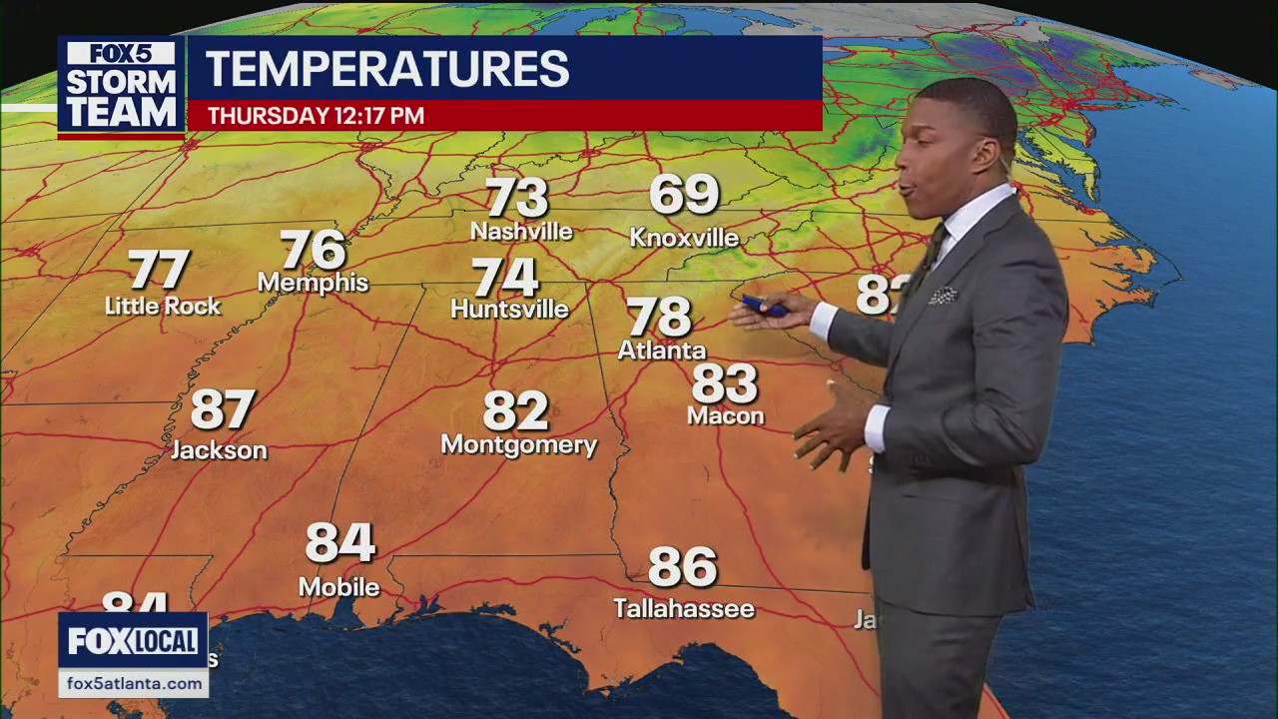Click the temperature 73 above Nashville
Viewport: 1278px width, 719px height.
[516, 198]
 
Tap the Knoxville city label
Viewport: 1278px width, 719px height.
[684, 238]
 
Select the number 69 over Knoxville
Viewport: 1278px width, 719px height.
[684, 194]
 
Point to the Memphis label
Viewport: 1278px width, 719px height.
[313, 283]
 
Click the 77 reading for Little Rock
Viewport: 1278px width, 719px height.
[159, 270]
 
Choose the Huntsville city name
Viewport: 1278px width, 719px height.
[509, 309]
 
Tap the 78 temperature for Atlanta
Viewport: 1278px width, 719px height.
[659, 317]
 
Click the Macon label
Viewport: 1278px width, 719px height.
[725, 415]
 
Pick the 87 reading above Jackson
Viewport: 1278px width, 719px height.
[223, 409]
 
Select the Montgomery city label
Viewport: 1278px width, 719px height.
[518, 444]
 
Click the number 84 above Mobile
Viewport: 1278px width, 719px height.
[339, 542]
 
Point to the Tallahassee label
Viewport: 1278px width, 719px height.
[684, 608]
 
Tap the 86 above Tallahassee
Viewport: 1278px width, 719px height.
[683, 567]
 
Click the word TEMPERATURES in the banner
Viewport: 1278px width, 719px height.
[387, 69]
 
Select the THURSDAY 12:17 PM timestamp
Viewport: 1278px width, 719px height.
[316, 116]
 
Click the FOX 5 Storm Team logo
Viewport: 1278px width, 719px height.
[121, 87]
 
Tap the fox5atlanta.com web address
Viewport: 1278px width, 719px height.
[133, 684]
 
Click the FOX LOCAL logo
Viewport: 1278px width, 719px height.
[133, 641]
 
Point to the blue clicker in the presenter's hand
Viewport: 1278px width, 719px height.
[765, 307]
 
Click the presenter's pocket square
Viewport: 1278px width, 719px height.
[942, 295]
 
